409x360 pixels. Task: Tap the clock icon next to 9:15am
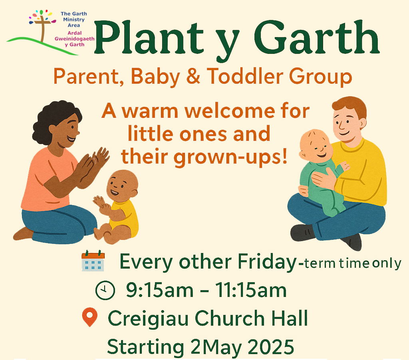click(x=105, y=290)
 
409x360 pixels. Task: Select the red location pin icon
click(x=90, y=317)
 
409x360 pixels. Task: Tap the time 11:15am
click(x=250, y=290)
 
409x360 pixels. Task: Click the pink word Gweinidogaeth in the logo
click(x=74, y=39)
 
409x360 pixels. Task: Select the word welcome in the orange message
click(x=230, y=111)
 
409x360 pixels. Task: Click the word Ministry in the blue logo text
click(x=74, y=20)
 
